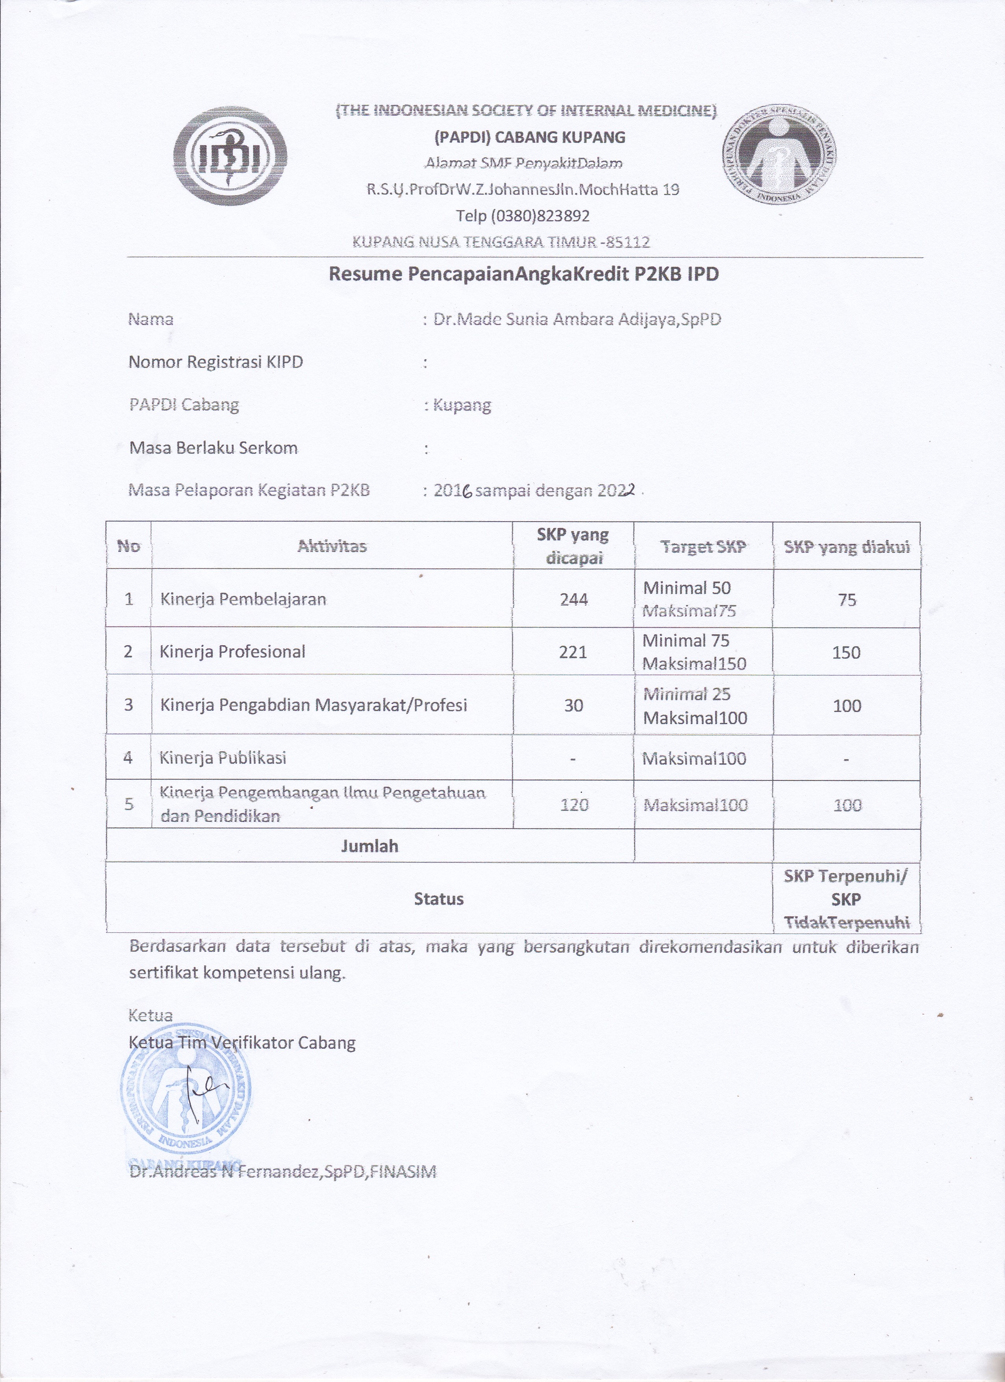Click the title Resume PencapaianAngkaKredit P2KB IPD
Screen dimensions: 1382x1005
[524, 274]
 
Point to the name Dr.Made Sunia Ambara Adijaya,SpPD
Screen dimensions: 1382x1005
[577, 319]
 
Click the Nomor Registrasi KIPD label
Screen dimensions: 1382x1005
[216, 362]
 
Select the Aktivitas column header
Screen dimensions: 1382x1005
[332, 546]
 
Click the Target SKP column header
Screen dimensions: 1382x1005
[703, 546]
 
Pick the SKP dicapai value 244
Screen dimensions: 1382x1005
[574, 600]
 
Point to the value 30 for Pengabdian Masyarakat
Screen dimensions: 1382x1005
[574, 706]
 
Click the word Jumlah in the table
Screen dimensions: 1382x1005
[370, 846]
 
